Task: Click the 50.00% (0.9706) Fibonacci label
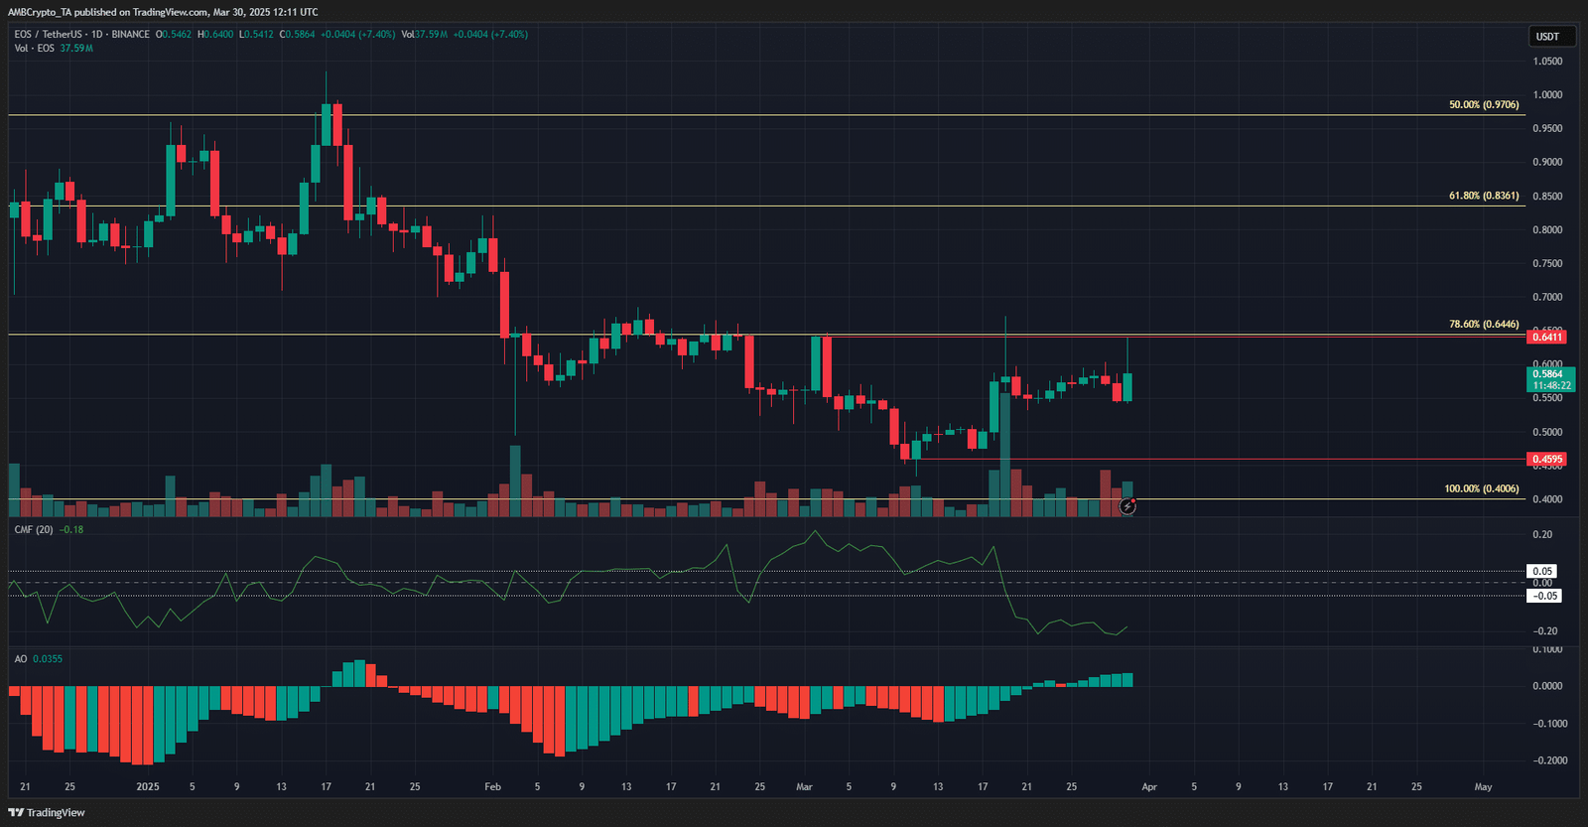coord(1484,104)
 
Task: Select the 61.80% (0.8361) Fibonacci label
coord(1484,196)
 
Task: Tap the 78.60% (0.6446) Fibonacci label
coord(1484,324)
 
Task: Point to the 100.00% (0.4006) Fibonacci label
coord(1481,488)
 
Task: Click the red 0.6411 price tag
coord(1547,338)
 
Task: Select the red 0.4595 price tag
coord(1547,460)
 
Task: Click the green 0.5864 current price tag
coord(1549,379)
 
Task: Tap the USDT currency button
coord(1547,37)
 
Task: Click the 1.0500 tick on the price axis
coord(1547,62)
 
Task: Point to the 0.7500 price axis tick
coord(1547,264)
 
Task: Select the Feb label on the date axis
coord(492,786)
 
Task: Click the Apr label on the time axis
coord(1149,786)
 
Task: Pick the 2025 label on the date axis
coord(148,786)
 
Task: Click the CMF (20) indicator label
coord(34,530)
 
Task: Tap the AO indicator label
coord(21,659)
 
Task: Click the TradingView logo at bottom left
coord(47,812)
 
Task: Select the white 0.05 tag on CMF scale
coord(1542,571)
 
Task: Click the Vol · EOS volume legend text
coord(35,49)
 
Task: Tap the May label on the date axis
coord(1483,786)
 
